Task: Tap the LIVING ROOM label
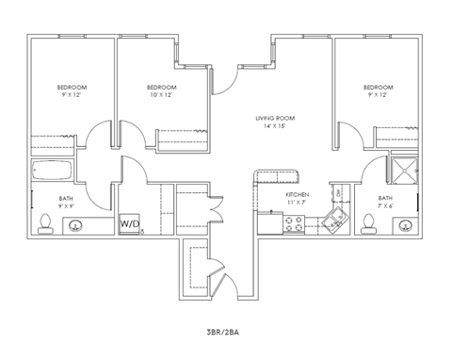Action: point(275,119)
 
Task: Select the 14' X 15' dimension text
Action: point(275,127)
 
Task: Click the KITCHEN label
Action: point(297,194)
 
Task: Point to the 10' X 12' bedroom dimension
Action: point(161,95)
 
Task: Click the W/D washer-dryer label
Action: point(129,223)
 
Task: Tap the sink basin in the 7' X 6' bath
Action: point(405,225)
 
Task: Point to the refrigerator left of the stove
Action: point(268,224)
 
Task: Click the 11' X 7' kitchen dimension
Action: point(297,203)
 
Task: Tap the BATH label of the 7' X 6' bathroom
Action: point(385,198)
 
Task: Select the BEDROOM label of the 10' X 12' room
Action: point(161,88)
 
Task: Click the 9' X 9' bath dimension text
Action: point(65,205)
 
